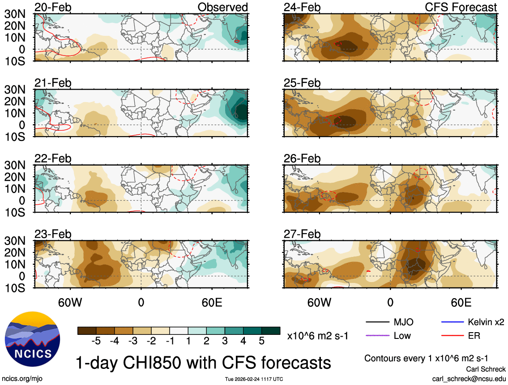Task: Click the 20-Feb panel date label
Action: pos(53,8)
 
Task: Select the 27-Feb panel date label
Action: pos(302,234)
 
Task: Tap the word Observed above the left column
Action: pos(222,8)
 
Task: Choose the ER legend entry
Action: pos(474,335)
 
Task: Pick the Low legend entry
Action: pos(402,335)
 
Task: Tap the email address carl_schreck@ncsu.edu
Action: pos(469,378)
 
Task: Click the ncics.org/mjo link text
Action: pos(19,378)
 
